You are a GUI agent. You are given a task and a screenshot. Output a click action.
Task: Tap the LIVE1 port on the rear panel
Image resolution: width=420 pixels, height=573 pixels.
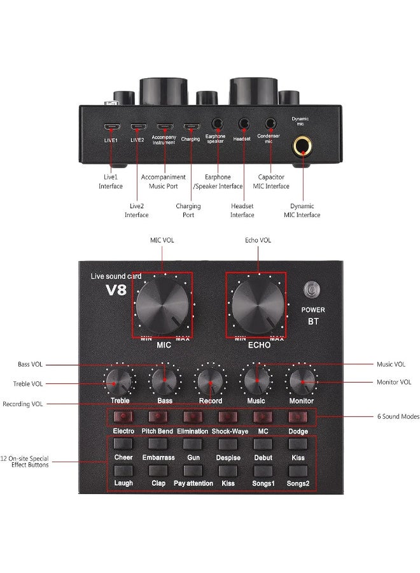(112, 127)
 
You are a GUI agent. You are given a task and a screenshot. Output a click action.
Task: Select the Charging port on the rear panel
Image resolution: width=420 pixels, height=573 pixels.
(192, 127)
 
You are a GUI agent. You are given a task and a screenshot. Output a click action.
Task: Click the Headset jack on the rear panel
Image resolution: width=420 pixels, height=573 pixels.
(244, 124)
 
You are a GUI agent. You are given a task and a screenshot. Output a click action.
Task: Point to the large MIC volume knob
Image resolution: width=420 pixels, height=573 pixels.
(162, 306)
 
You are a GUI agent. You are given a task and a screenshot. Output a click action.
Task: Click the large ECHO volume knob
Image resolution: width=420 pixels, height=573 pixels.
(258, 306)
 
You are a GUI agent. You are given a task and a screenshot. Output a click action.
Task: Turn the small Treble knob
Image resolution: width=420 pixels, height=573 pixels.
(118, 381)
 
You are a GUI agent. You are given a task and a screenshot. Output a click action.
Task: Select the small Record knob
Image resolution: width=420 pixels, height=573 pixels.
(210, 381)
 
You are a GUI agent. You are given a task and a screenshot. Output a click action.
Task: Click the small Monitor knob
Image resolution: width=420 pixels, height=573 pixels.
(302, 381)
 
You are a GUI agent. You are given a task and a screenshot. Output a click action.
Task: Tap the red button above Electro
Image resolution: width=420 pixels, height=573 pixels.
(123, 416)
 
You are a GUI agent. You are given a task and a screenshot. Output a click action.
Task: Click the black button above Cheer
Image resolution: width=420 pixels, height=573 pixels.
(123, 444)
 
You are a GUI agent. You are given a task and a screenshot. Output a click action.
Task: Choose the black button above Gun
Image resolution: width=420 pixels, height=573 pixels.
(193, 444)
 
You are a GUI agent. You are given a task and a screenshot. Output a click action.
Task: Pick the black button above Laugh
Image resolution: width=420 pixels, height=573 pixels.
(123, 470)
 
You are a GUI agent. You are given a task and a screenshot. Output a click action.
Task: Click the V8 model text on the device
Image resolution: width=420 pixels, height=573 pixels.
(116, 290)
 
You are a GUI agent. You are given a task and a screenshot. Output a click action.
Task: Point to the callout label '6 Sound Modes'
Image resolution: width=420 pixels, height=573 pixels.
(398, 416)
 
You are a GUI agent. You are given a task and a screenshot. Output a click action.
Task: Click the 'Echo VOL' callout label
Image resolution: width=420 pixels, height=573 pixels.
(258, 240)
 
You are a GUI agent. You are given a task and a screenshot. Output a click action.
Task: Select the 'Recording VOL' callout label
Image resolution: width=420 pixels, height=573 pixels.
(23, 404)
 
